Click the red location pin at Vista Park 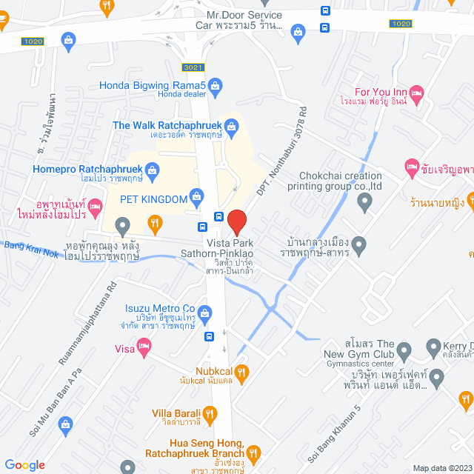[236, 221]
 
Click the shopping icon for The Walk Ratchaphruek [231, 130]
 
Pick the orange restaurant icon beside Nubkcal [241, 372]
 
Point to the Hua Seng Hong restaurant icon [254, 450]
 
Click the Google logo [24, 465]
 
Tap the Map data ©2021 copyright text [441, 467]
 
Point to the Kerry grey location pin [435, 347]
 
